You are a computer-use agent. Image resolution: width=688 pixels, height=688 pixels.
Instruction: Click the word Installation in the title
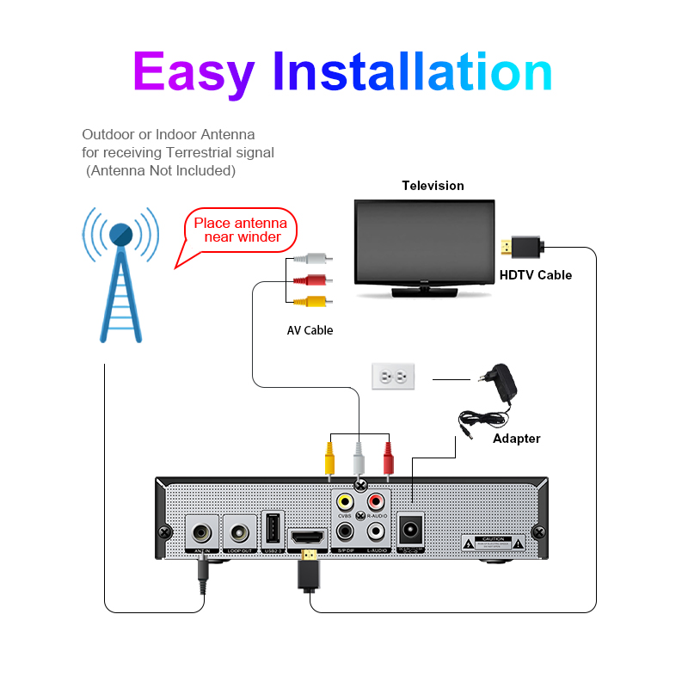pos(413,72)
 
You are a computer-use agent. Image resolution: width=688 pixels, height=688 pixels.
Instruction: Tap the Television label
pos(433,186)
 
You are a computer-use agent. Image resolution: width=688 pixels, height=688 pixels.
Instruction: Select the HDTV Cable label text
pos(536,275)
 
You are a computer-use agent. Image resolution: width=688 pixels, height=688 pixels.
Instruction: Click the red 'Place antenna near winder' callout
pos(240,230)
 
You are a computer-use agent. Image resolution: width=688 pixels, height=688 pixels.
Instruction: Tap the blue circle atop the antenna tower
pos(121,232)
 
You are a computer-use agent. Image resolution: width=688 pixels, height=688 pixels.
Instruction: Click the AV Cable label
pos(310,330)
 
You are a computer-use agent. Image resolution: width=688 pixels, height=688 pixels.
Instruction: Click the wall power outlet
pos(393,377)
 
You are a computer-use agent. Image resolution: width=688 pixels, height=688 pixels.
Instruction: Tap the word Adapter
pos(516,439)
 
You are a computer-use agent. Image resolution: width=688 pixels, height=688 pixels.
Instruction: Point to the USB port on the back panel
pos(273,527)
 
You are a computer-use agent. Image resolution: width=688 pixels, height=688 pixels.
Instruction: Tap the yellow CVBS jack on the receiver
pos(346,501)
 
